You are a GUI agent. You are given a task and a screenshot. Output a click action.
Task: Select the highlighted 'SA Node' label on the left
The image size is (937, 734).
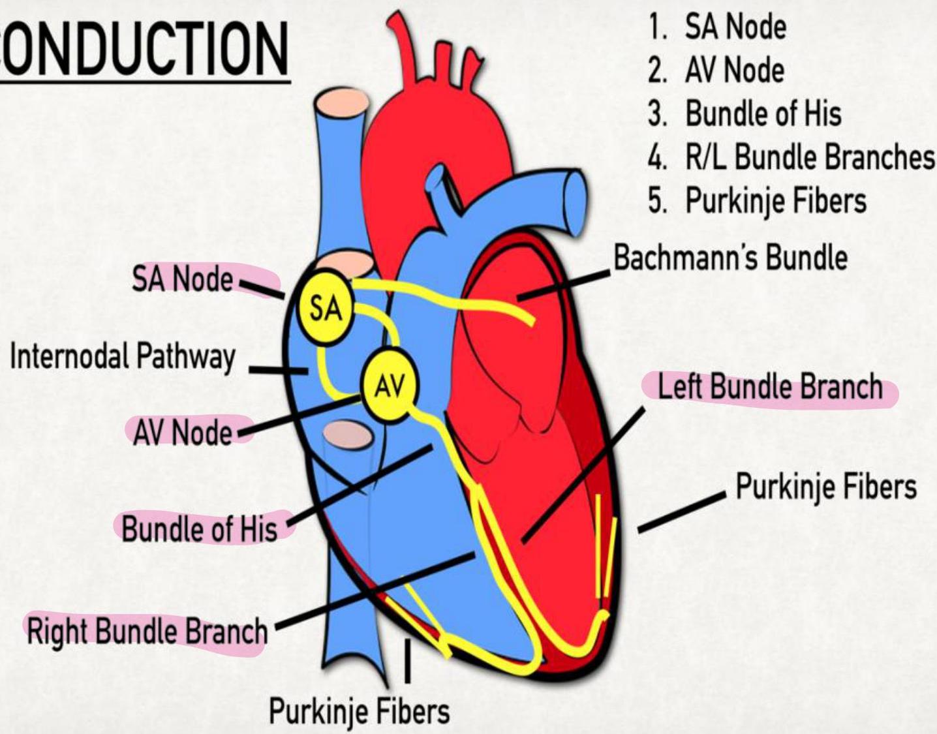click(x=183, y=280)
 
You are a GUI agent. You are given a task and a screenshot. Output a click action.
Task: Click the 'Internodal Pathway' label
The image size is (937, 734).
click(x=122, y=357)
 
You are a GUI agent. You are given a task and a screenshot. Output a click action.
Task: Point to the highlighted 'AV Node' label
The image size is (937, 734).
click(x=182, y=432)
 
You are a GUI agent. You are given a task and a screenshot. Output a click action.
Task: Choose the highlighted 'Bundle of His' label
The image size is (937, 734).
click(x=199, y=528)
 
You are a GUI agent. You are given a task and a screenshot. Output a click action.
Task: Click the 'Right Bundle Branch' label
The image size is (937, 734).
click(x=147, y=632)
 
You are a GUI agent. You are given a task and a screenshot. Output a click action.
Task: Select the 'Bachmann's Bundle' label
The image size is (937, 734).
click(x=730, y=258)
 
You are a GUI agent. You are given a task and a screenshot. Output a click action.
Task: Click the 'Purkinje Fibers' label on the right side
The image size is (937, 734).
click(x=826, y=486)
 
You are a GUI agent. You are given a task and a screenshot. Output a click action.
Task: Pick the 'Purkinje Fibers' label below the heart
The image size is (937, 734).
click(x=360, y=711)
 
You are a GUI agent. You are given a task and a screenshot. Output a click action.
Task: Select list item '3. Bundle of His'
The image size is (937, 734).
click(x=744, y=114)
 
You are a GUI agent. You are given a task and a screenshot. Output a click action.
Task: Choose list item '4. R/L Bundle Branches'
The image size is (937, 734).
click(x=790, y=157)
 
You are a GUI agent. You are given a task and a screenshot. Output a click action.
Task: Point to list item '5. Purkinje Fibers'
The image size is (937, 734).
click(x=757, y=200)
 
